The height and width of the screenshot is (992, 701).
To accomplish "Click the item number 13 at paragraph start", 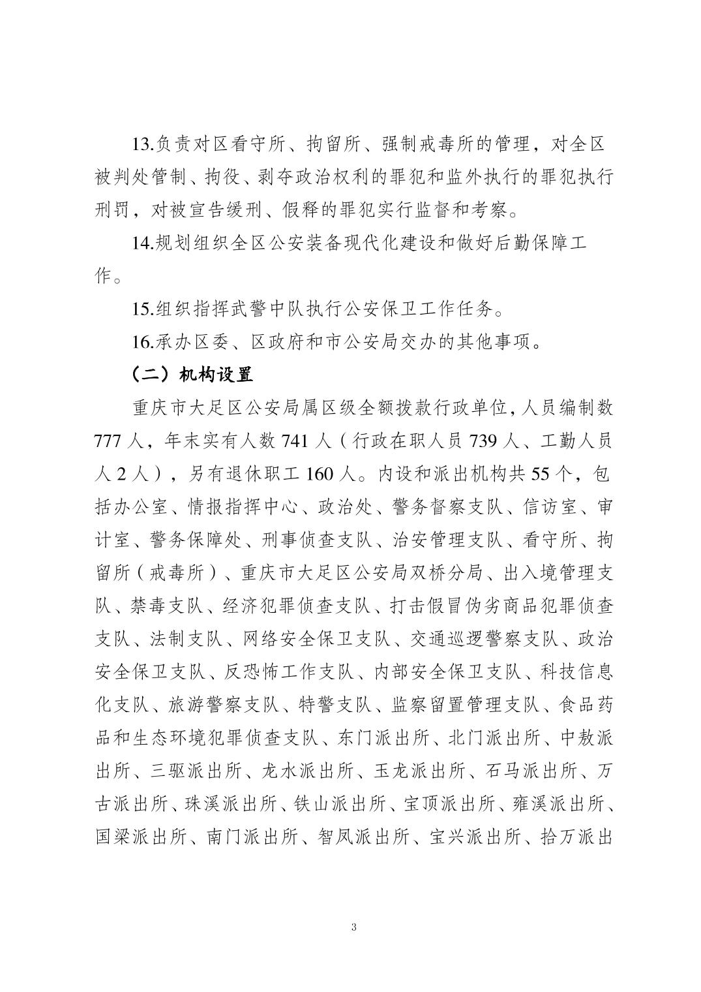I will coord(143,144).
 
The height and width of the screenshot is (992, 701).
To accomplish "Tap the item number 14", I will coord(143,243).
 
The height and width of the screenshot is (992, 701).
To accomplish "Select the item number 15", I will coord(143,309).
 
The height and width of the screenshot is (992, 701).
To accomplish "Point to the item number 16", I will coord(143,342).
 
